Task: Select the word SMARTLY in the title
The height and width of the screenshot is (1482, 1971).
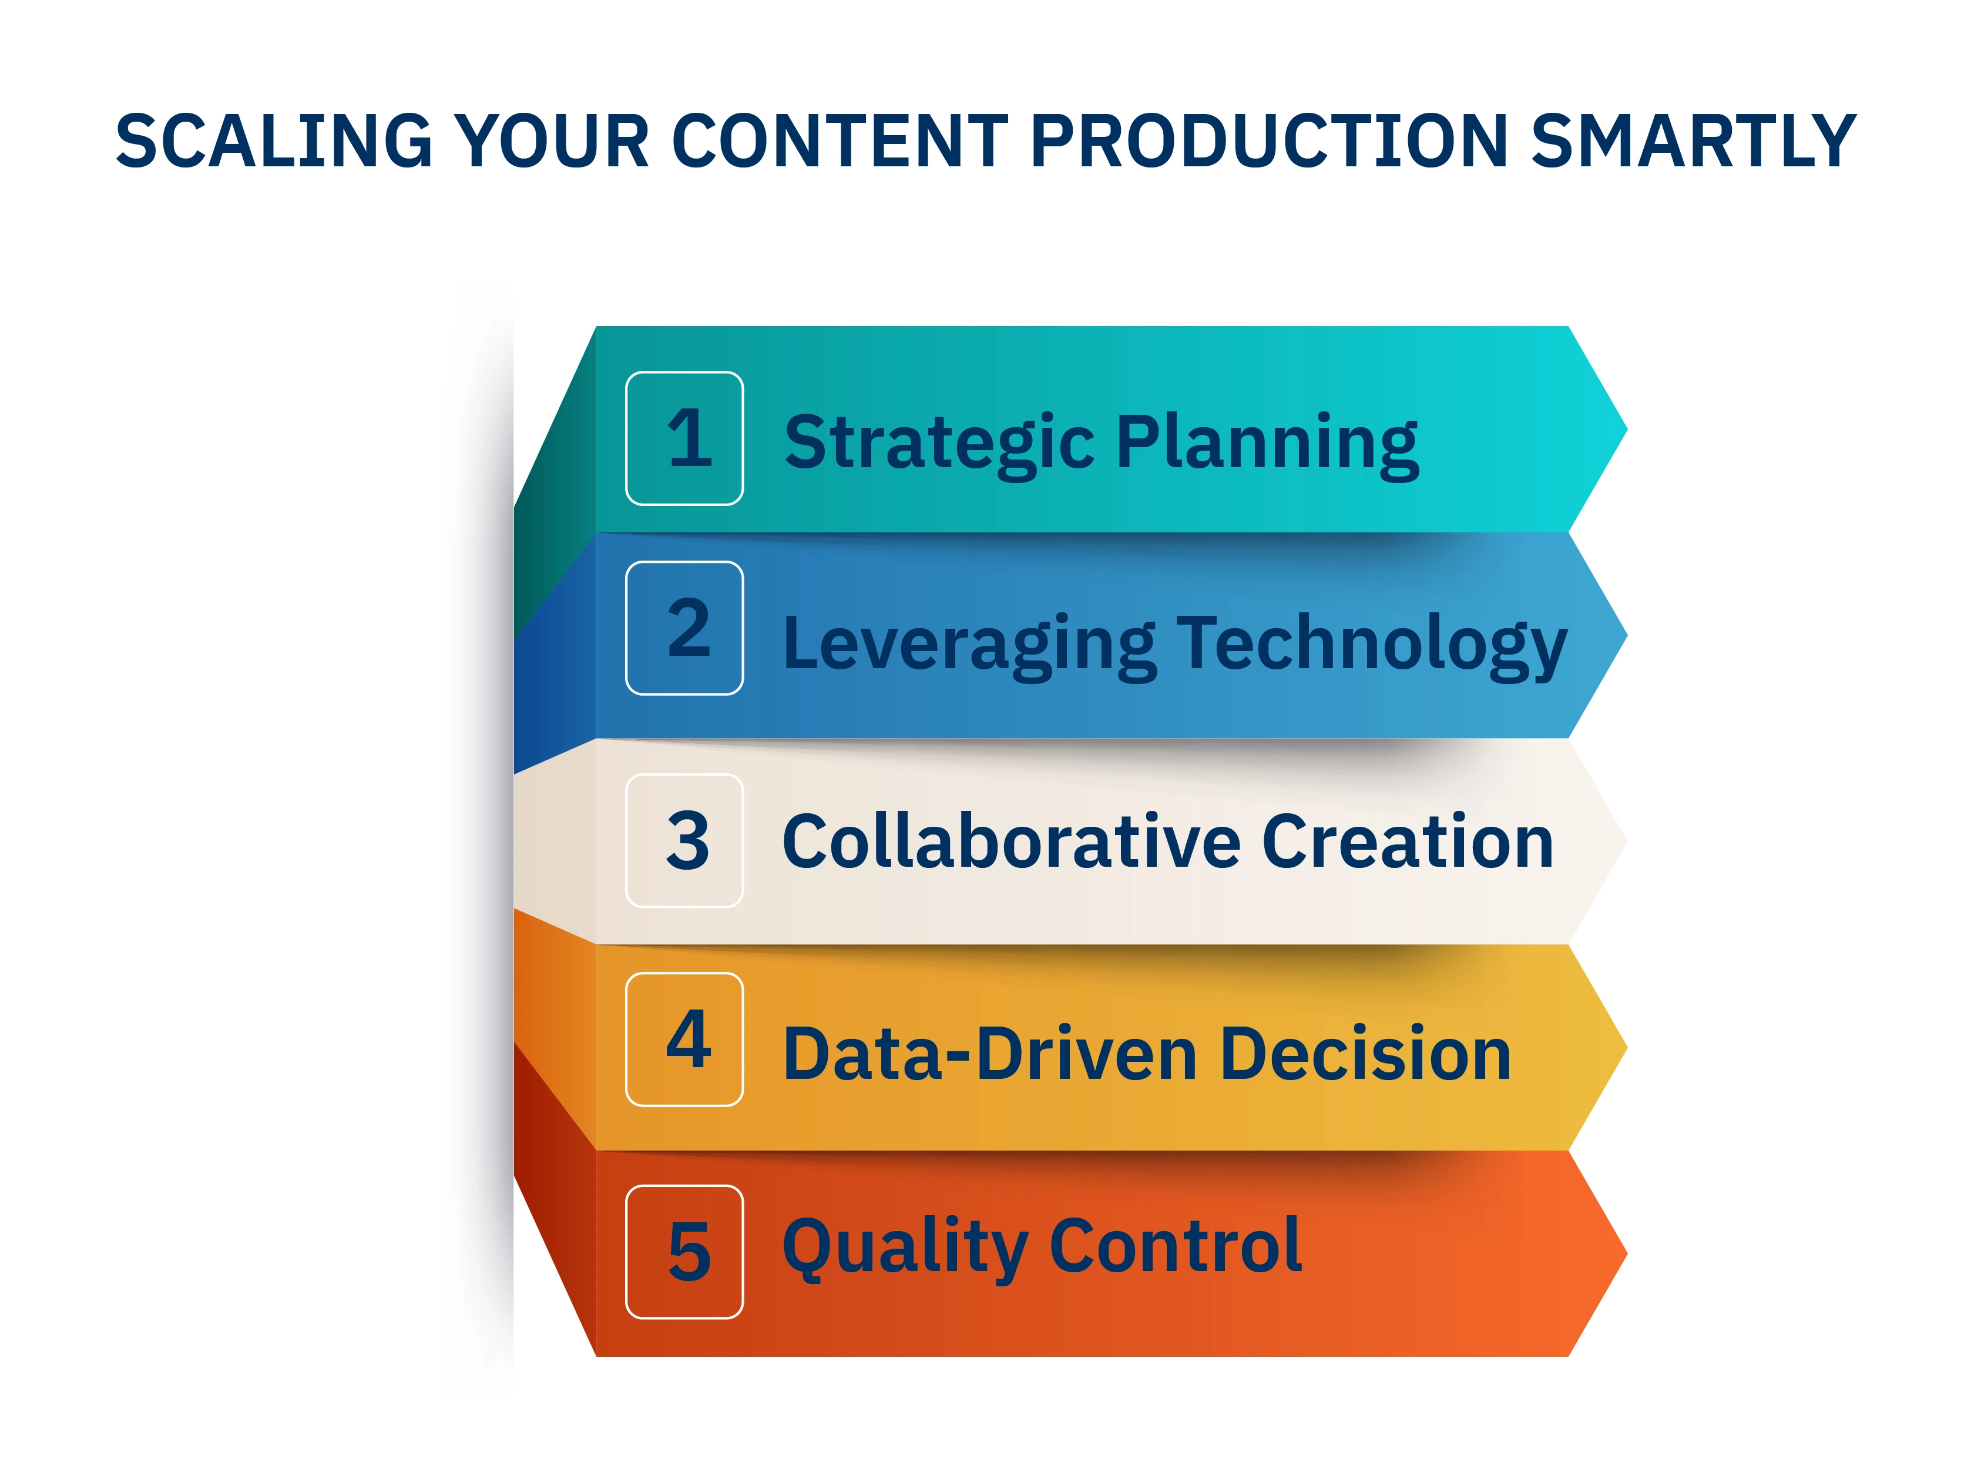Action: click(1693, 141)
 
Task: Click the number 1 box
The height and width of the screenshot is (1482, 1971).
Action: click(684, 438)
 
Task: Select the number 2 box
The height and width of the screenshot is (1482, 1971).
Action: click(684, 628)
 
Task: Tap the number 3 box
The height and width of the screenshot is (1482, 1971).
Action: click(684, 840)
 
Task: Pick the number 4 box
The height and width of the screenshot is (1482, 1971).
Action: click(684, 1039)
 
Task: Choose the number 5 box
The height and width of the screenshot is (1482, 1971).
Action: click(684, 1251)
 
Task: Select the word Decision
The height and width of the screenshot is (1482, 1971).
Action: click(1365, 1054)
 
